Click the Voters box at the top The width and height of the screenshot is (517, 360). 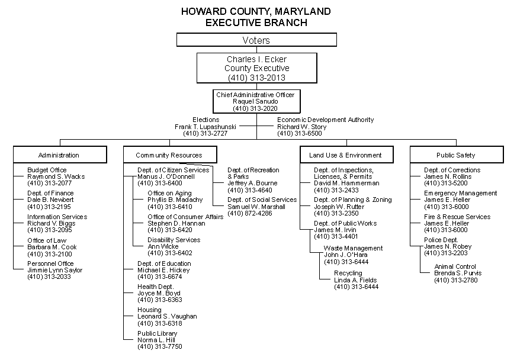[x=256, y=40]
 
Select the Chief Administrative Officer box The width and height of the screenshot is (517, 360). [x=255, y=101]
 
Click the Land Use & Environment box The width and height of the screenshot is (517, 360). [x=345, y=155]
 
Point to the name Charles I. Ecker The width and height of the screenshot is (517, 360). [x=256, y=59]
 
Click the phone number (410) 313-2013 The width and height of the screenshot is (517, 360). [x=256, y=78]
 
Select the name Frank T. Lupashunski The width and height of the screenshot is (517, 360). [x=206, y=127]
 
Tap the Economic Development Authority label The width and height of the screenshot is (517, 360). [x=326, y=120]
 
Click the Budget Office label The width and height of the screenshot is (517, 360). [x=47, y=170]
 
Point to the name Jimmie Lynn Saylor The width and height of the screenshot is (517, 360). [x=55, y=270]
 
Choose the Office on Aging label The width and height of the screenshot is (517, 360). [x=169, y=193]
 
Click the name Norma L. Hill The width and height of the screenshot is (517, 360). [x=157, y=340]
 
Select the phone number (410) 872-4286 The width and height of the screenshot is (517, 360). [x=250, y=213]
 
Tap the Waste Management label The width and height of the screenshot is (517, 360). [x=353, y=248]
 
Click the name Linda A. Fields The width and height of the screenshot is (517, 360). [x=355, y=280]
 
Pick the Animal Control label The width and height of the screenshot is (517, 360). [x=455, y=266]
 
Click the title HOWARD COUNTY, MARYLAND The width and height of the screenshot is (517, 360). [x=256, y=12]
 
